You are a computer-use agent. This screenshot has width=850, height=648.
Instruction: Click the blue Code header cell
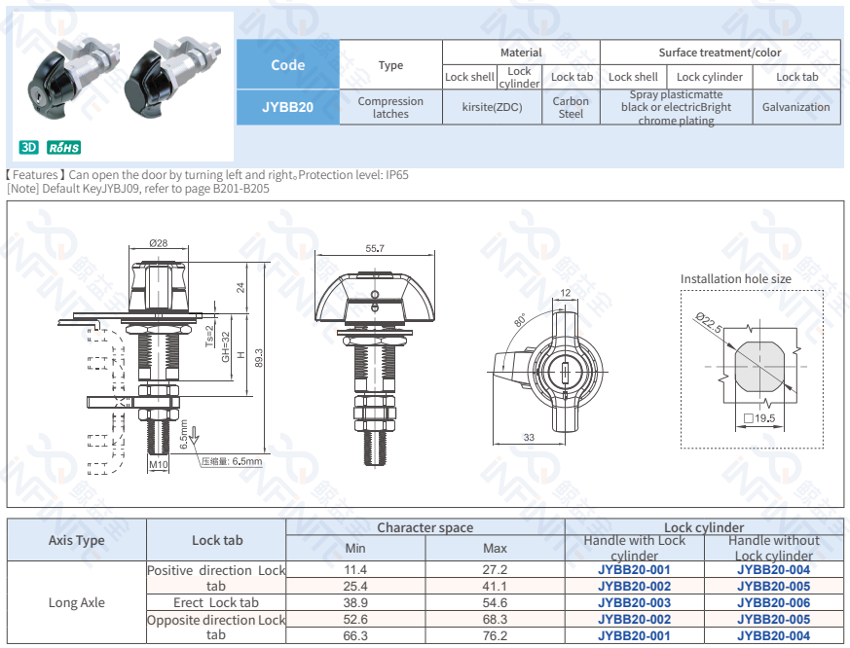click(x=287, y=65)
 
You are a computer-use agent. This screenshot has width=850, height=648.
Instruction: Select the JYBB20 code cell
click(x=287, y=107)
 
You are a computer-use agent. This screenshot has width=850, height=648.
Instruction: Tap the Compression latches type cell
click(x=390, y=107)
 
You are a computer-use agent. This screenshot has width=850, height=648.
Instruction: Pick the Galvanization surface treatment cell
click(x=795, y=107)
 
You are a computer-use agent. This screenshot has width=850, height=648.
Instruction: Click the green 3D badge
click(x=29, y=147)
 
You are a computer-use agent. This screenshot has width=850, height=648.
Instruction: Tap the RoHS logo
click(x=64, y=147)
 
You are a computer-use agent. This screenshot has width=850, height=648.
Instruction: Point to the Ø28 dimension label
click(x=158, y=242)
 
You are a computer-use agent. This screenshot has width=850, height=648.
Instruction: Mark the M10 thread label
click(x=159, y=464)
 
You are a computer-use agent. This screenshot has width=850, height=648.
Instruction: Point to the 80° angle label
click(x=520, y=320)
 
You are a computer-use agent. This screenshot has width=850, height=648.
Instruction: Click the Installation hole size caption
click(x=735, y=279)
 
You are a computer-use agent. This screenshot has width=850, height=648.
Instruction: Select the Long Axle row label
click(x=76, y=602)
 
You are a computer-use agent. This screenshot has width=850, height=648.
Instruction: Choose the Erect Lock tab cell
click(x=216, y=602)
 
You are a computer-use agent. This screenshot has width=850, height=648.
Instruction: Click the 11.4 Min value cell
click(x=355, y=569)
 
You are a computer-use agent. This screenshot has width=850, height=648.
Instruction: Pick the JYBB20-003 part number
click(x=634, y=602)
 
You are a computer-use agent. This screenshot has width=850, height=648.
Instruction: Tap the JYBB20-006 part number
click(x=773, y=602)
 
